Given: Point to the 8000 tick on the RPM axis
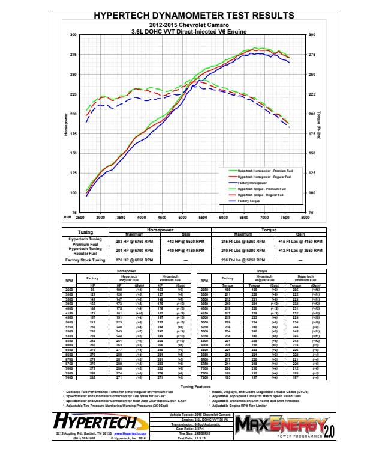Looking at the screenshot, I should point(305,217).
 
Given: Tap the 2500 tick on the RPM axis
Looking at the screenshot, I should point(80,217).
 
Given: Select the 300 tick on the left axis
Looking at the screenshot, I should point(73,35).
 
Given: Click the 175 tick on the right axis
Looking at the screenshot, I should point(312,134).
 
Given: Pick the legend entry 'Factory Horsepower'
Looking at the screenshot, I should point(251,182).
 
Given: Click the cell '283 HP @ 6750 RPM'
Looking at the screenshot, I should point(131,240).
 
